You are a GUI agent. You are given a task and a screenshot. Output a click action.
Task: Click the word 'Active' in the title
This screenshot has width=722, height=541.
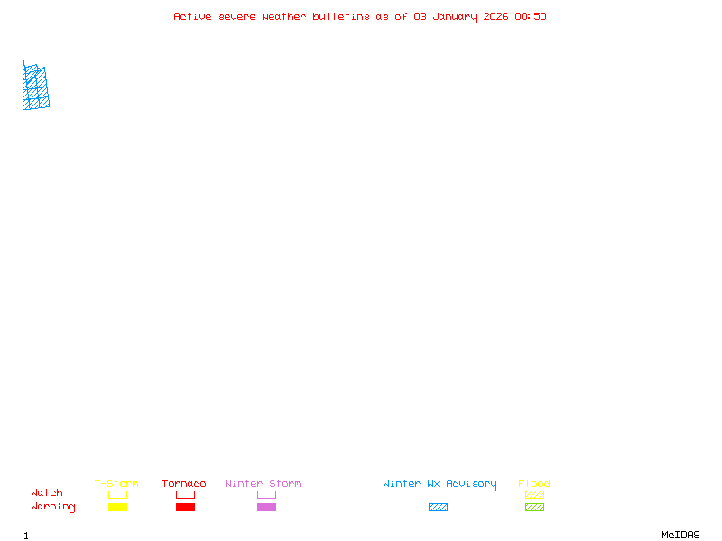click(192, 16)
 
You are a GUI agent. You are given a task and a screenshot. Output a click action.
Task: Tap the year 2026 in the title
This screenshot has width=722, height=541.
click(495, 16)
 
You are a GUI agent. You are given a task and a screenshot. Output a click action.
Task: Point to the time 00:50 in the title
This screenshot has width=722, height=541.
click(531, 16)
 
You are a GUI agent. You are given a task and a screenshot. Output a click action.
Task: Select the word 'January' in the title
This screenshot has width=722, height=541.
click(455, 17)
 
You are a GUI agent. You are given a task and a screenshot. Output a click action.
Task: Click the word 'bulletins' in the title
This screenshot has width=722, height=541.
click(341, 16)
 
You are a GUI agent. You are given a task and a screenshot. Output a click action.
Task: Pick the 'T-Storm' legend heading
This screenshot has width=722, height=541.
click(116, 483)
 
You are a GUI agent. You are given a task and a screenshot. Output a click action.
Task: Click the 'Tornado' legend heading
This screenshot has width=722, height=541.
click(184, 483)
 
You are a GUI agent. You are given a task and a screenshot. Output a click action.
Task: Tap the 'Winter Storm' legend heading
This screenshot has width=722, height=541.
click(263, 483)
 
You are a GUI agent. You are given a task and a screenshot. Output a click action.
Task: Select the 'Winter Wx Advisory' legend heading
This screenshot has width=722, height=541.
click(440, 484)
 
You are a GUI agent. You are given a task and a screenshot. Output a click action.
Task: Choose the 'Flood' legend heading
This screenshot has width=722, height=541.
click(534, 483)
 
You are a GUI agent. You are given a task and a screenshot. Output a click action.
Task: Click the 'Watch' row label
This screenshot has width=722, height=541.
click(47, 492)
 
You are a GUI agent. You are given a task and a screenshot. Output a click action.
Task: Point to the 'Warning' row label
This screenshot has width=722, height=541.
click(53, 507)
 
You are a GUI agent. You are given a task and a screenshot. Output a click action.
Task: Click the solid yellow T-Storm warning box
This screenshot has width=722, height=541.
click(118, 507)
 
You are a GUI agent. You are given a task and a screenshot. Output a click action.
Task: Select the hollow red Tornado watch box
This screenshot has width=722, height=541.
click(186, 491)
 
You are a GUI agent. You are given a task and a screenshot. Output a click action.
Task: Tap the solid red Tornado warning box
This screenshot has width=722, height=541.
click(186, 507)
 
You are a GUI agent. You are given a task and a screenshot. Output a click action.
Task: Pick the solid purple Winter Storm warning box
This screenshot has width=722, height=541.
click(266, 507)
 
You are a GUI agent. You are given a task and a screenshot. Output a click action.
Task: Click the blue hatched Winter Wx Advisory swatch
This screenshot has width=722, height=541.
click(438, 507)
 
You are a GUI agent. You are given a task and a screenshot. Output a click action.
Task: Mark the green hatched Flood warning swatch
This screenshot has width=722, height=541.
click(534, 507)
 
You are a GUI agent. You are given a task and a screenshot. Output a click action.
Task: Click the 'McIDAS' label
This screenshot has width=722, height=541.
click(680, 535)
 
